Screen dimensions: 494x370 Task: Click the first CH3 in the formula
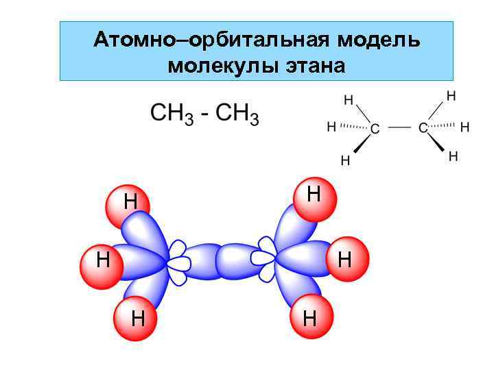172,114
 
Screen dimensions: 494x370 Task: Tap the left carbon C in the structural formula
375,128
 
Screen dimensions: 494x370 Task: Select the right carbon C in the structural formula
423,128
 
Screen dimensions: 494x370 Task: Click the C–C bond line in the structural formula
399,127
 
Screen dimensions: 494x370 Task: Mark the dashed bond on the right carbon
445,126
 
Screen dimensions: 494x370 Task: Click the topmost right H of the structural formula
451,96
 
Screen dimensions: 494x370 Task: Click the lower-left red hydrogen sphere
137,319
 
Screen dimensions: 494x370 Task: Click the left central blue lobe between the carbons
196,260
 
